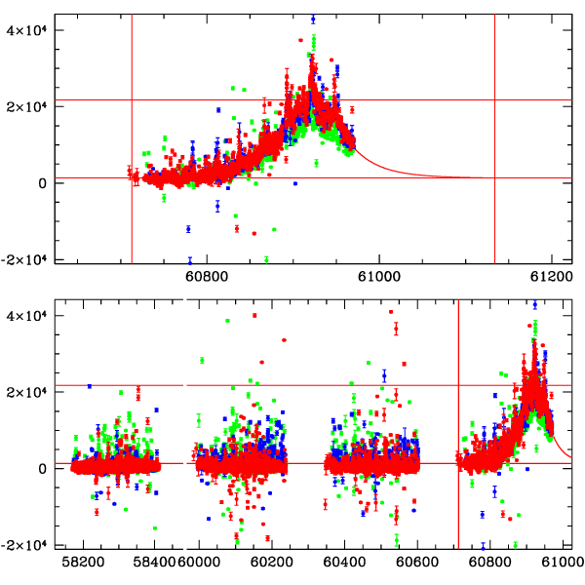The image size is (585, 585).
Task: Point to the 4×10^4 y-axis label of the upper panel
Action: click(x=27, y=29)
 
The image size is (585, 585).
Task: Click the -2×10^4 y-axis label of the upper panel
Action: click(x=24, y=258)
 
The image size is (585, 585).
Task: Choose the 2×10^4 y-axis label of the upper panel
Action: click(x=27, y=105)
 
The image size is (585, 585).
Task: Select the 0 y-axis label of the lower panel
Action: click(x=43, y=467)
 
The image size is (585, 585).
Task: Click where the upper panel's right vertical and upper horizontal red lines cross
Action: click(x=495, y=100)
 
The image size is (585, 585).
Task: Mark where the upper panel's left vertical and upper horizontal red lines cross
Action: click(x=132, y=100)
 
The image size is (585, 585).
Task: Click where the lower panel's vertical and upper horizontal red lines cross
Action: click(x=458, y=385)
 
